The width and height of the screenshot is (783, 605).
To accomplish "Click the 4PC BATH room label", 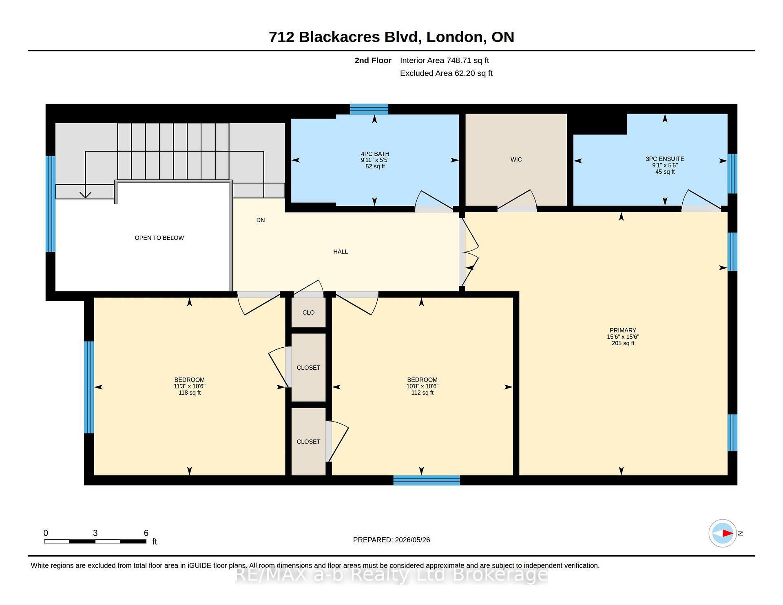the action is click(x=375, y=154).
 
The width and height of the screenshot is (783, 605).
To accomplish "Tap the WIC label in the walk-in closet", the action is click(x=516, y=160).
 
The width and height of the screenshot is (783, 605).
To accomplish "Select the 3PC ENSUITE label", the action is click(x=665, y=159).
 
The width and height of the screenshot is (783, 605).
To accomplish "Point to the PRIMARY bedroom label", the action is click(x=623, y=330).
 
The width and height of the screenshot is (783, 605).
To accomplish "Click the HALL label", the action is click(x=341, y=252).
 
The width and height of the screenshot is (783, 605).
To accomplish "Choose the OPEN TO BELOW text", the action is click(x=159, y=238).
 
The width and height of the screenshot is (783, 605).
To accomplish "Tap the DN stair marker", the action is click(x=261, y=220).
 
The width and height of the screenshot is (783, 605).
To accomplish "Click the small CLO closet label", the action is click(x=308, y=313).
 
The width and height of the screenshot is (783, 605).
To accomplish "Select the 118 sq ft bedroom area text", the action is click(x=190, y=393).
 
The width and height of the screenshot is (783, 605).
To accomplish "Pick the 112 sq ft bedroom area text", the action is click(x=422, y=393).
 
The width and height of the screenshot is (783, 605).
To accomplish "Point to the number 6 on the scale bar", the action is click(x=146, y=533).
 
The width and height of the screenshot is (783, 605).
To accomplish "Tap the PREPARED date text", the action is click(x=391, y=540).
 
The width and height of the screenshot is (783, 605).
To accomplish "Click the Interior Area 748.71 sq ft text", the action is click(x=445, y=60).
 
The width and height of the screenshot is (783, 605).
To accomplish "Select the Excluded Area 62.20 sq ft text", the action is click(x=446, y=73).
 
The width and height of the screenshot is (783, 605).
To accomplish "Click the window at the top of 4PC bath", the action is click(x=369, y=109).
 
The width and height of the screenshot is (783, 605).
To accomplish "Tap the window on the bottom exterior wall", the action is click(x=427, y=480).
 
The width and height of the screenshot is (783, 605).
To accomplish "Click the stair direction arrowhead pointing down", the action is click(x=85, y=195).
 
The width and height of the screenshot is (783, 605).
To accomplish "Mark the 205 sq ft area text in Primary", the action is click(x=623, y=343).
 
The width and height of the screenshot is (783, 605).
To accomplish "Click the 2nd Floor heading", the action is click(x=373, y=60).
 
